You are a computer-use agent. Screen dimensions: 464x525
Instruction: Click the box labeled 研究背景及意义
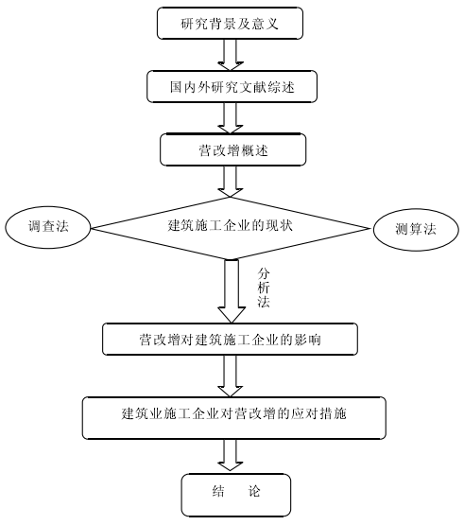tap(230, 23)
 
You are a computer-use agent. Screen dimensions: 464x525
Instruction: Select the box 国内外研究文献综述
tap(232, 86)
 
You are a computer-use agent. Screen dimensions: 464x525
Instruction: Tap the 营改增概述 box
tap(232, 149)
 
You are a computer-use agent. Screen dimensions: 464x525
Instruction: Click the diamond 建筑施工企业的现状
tap(231, 228)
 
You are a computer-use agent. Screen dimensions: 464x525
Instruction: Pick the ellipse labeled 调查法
tap(48, 227)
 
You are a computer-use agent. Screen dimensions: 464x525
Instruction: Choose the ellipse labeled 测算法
tap(416, 230)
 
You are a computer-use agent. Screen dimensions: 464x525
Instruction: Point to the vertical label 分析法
tap(264, 288)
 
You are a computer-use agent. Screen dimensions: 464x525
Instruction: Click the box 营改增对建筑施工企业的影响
tap(230, 340)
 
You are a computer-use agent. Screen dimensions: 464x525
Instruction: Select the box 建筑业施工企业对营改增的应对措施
tap(233, 418)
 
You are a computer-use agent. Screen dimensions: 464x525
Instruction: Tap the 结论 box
tap(236, 495)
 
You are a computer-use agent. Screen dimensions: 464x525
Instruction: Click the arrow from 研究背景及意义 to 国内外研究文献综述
tap(231, 55)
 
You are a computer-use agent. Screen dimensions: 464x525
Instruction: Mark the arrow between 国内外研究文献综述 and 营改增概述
tap(231, 118)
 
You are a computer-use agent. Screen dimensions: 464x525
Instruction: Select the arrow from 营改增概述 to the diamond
tap(231, 182)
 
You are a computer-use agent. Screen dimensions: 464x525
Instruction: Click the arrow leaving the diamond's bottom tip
tap(232, 291)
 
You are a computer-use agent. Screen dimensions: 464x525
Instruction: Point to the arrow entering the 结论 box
tap(231, 456)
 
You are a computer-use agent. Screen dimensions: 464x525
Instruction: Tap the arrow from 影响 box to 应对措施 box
tap(231, 376)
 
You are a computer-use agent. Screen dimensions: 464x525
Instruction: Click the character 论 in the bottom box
tap(254, 491)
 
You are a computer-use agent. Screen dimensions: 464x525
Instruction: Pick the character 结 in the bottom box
tap(218, 491)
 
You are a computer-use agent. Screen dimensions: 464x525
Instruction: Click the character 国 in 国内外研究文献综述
tap(176, 87)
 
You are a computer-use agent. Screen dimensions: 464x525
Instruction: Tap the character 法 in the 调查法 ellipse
tap(62, 227)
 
